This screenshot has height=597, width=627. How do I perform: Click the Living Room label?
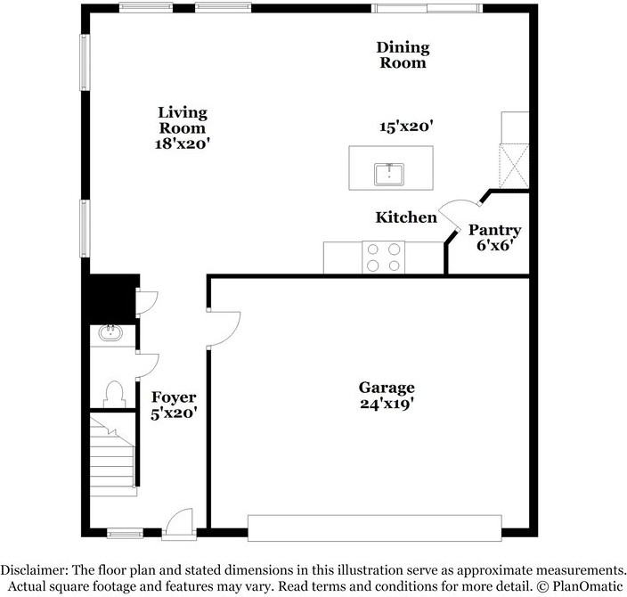pos(183,119)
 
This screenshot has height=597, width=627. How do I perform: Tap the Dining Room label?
pos(403,54)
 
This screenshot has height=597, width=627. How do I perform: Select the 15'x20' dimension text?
pos(406,127)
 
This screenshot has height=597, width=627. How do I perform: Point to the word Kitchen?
pos(406,217)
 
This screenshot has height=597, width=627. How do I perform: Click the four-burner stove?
pos(383,258)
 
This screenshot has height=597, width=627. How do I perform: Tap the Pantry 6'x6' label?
pos(494,237)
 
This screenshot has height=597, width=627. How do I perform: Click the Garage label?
pos(387,388)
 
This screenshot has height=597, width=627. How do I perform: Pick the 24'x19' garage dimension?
pos(387,403)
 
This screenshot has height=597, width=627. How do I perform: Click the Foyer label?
pos(174,397)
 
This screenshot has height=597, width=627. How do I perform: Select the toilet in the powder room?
pos(114,393)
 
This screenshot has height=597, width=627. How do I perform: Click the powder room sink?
pos(111,333)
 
